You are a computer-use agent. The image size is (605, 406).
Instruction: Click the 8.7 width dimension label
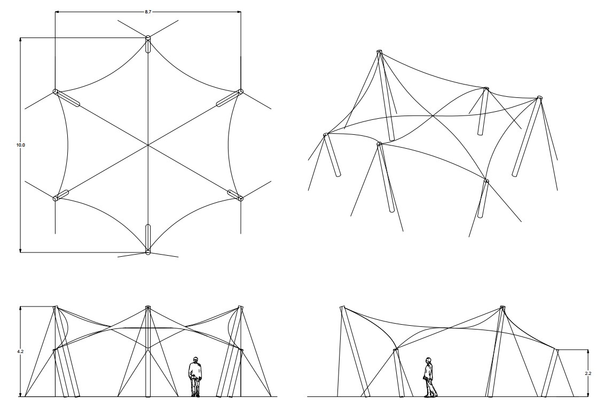[148, 12]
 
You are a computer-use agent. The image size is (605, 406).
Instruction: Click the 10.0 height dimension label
[20, 145]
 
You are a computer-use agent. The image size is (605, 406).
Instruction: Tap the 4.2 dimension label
[20, 351]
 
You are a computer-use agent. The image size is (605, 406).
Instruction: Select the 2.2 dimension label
[588, 373]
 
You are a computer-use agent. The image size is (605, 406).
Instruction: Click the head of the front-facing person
[195, 359]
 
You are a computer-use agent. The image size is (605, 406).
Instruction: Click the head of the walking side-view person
[428, 361]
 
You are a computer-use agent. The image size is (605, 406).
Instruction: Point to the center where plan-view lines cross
[148, 145]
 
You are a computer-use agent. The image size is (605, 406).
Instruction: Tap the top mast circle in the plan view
[148, 38]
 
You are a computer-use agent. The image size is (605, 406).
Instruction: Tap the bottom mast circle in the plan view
[148, 252]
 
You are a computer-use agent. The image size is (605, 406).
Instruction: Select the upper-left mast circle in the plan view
[55, 91]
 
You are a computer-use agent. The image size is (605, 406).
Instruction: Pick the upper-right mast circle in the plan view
[241, 91]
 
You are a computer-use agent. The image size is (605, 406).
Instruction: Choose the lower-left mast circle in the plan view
[55, 199]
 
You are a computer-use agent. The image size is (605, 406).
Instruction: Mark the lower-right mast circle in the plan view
[241, 199]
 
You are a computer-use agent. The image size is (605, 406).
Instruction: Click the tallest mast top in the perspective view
[379, 51]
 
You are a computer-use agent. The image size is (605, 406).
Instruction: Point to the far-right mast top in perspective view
[539, 97]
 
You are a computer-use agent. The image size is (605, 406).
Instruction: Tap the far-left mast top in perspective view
[326, 135]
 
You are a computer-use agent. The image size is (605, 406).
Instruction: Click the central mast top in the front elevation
[148, 308]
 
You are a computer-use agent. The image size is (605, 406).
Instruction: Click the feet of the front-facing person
[195, 394]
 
